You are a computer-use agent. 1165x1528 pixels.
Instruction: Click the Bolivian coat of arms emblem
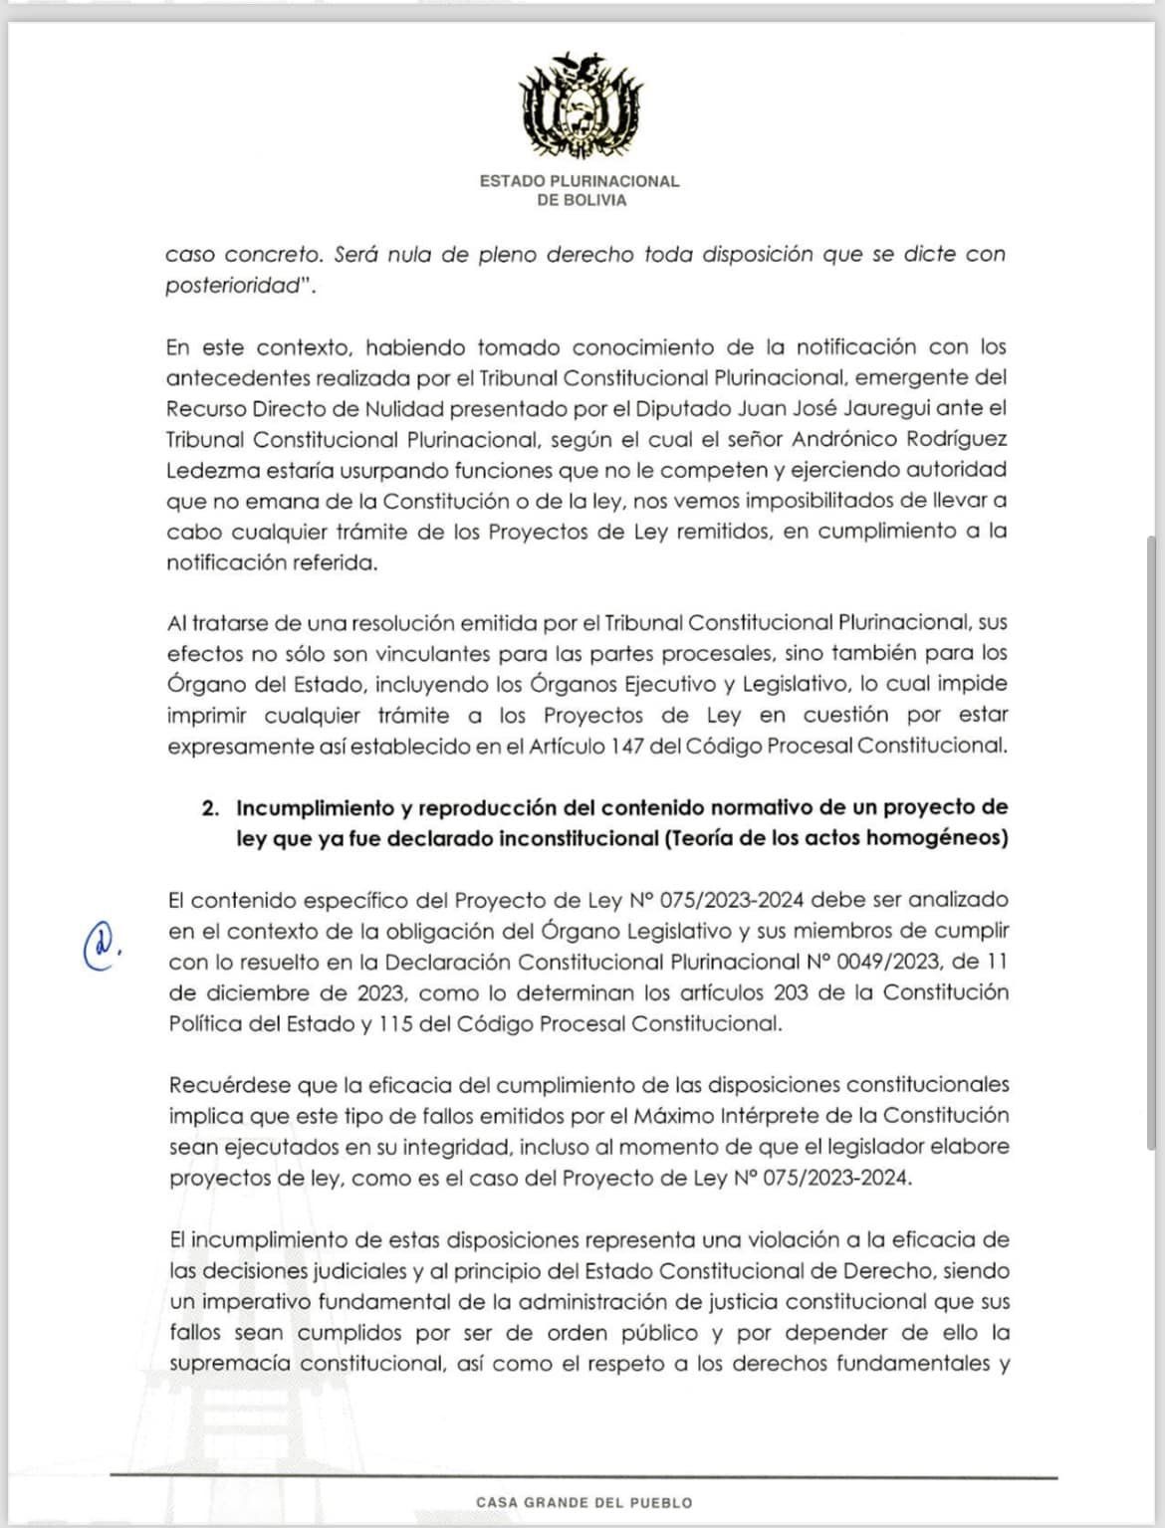(580, 107)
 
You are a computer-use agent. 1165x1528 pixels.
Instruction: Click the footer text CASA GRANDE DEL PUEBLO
(583, 1502)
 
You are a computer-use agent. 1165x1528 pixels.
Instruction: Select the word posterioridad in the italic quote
(233, 286)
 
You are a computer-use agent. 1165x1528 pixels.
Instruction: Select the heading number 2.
(209, 808)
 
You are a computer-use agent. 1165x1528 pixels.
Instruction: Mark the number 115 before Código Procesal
(394, 1024)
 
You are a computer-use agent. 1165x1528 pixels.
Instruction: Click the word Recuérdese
(228, 1085)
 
